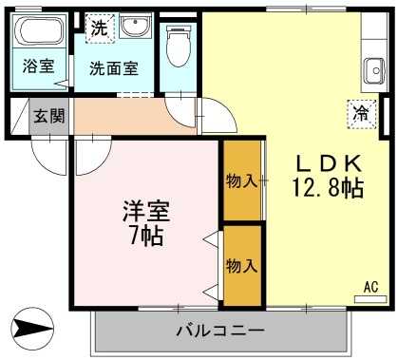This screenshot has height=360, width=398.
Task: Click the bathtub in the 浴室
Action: tap(40, 30)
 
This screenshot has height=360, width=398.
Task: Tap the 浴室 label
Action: tap(38, 66)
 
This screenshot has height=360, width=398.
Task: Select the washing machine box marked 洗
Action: tap(100, 28)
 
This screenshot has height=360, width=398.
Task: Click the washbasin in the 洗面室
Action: tap(135, 27)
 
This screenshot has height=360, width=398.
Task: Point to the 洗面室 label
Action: tap(114, 68)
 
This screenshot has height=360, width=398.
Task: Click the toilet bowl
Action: tap(179, 47)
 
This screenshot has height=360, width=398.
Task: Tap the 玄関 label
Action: tap(49, 116)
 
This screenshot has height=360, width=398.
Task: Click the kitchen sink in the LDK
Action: tap(373, 71)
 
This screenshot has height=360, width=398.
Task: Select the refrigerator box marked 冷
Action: tap(362, 114)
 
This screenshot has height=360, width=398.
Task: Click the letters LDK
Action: tap(329, 163)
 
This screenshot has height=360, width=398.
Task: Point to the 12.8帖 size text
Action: tap(329, 188)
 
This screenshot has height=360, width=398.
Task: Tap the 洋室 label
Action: tap(146, 211)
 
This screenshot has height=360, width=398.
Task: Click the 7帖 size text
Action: tap(146, 236)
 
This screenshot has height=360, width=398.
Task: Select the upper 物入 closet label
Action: tap(241, 181)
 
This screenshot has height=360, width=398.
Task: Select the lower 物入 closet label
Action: tap(241, 265)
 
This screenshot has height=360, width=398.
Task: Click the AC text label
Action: tap(370, 287)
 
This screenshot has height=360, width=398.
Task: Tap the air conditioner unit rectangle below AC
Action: tap(370, 299)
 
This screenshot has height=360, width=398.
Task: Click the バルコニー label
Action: tap(220, 331)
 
